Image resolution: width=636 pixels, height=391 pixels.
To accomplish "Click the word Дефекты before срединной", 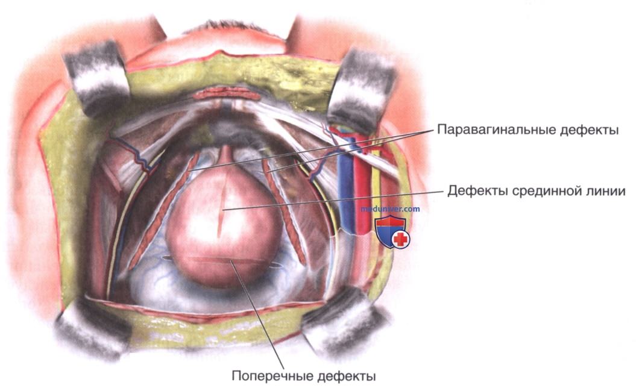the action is pos(477,191).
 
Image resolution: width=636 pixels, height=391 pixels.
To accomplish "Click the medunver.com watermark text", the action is pos(390,209).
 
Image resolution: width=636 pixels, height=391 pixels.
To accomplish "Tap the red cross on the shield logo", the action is pos(401,239).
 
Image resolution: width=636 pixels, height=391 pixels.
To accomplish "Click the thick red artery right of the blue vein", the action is pos(363,190).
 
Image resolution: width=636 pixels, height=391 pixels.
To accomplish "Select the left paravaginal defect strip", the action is pos(163,211).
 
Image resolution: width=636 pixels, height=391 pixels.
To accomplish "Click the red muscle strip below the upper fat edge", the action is pos(226,95).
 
